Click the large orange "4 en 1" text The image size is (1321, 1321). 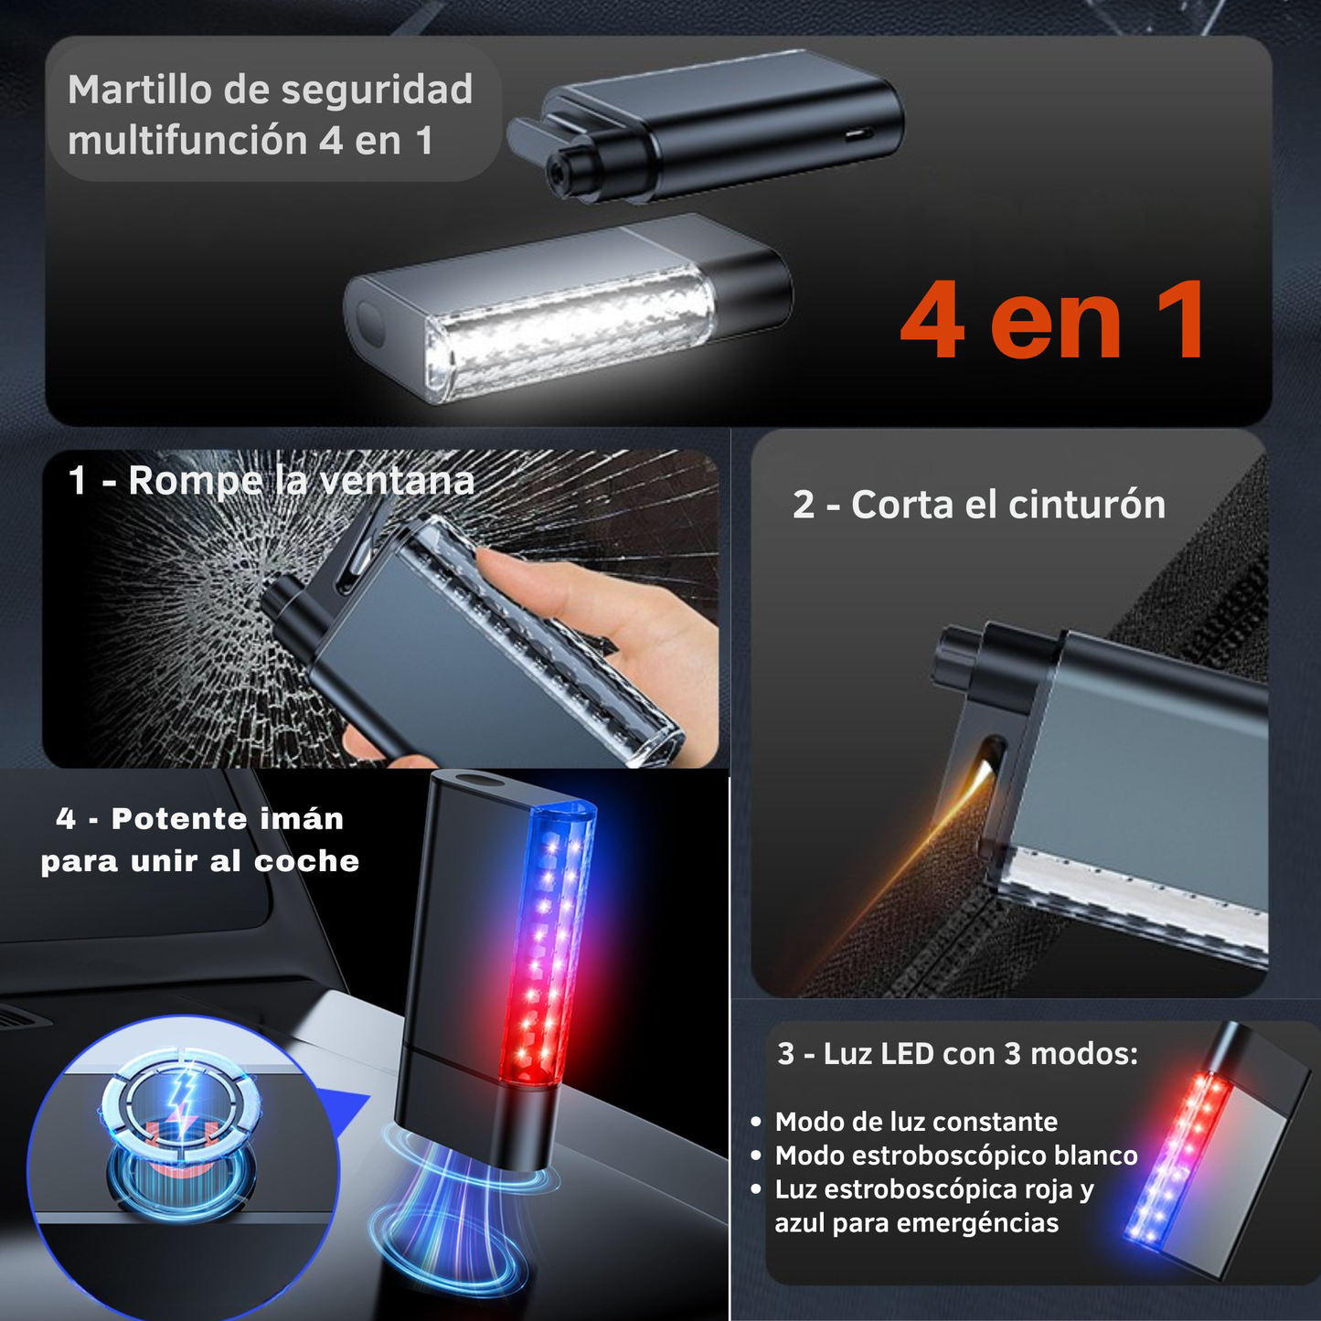(1053, 322)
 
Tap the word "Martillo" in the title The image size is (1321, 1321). (137, 91)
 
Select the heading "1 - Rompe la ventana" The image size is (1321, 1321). (272, 481)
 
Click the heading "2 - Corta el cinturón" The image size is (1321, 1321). (979, 505)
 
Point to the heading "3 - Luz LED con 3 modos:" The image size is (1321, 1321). (957, 1054)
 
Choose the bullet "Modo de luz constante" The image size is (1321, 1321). (916, 1122)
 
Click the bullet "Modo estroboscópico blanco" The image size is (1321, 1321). (956, 1156)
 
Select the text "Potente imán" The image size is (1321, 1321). (228, 819)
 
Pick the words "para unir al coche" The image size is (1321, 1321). (200, 861)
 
